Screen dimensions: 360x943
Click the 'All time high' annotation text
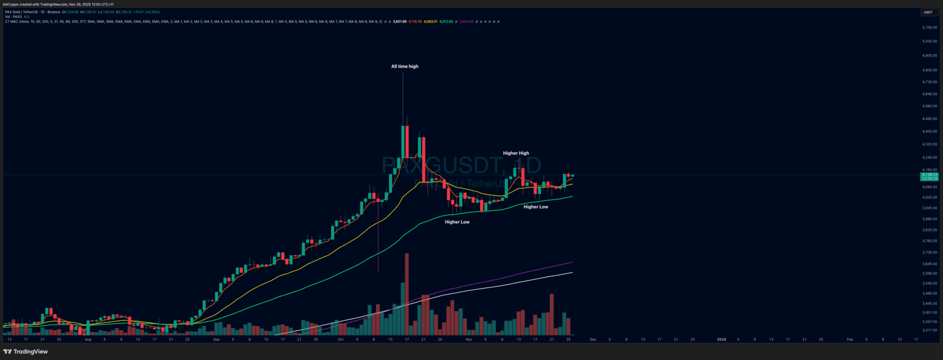tap(404, 67)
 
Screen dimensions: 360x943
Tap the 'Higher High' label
tap(516, 153)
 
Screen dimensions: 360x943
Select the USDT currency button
tap(928, 12)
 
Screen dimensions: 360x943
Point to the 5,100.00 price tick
tap(929, 28)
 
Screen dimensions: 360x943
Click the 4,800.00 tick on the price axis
tap(929, 70)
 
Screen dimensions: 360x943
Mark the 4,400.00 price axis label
tap(929, 131)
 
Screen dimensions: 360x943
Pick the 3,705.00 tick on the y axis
tap(929, 252)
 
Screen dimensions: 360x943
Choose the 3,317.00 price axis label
tap(929, 331)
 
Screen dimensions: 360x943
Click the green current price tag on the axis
tap(929, 176)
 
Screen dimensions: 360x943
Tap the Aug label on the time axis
tap(88, 339)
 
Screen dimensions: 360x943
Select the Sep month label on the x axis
tap(216, 339)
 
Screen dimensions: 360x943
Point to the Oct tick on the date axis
tap(340, 339)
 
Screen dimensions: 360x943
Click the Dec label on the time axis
tap(593, 339)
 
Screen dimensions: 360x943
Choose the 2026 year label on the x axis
tap(721, 339)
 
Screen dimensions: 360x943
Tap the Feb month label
tap(849, 339)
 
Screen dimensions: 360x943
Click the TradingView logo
tap(25, 352)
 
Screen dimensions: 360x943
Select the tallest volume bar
tap(406, 295)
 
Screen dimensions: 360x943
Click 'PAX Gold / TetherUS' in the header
tap(22, 12)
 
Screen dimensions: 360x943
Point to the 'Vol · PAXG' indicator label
tap(13, 16)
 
